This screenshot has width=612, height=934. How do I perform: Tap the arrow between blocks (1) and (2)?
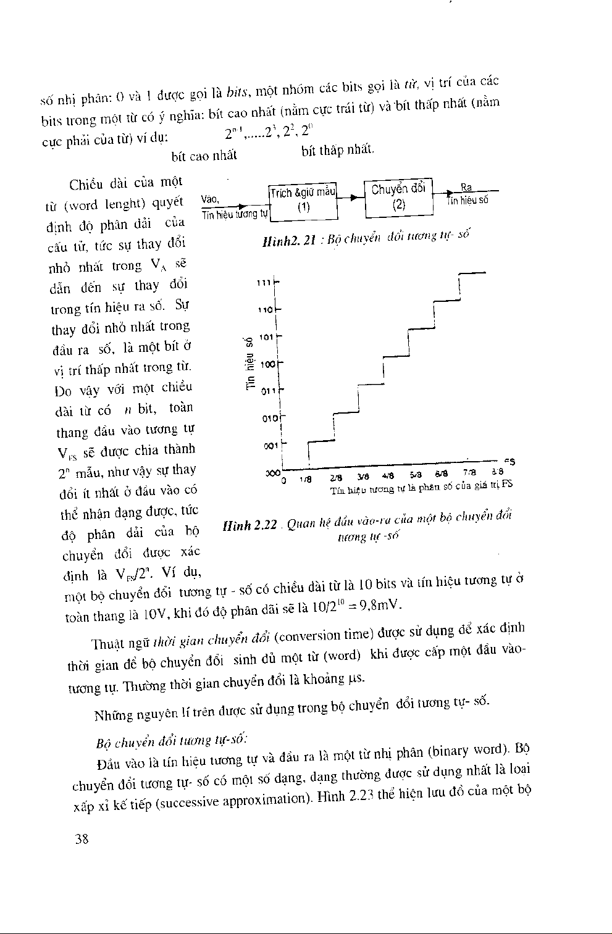pyautogui.click(x=351, y=198)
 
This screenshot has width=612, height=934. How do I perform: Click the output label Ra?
pyautogui.click(x=466, y=188)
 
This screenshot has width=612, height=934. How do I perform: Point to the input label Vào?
pyautogui.click(x=210, y=199)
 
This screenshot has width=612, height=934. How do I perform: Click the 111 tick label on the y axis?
pyautogui.click(x=264, y=282)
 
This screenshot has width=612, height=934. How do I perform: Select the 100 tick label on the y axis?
pyautogui.click(x=267, y=365)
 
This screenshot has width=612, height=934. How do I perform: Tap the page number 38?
pyautogui.click(x=82, y=839)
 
